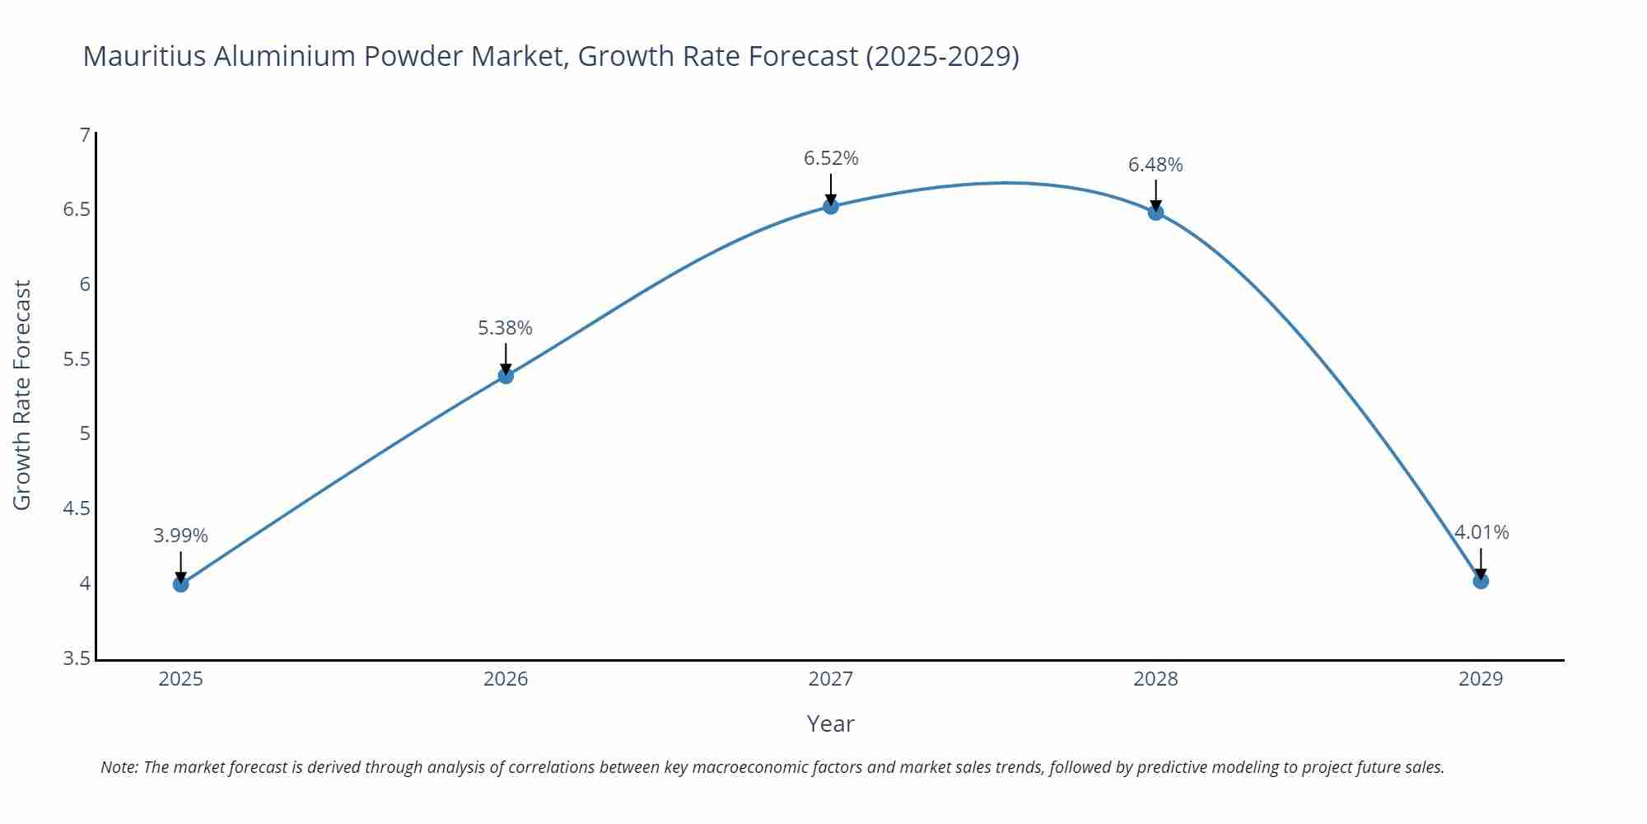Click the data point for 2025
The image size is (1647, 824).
[181, 584]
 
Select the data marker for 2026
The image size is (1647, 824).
[506, 376]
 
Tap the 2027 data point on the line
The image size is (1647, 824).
[831, 206]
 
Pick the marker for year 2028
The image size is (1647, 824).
[1155, 212]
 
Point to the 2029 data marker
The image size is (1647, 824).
[1481, 581]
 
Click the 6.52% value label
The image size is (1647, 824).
[831, 158]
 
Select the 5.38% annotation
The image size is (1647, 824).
[505, 328]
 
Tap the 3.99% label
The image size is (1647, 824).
[180, 536]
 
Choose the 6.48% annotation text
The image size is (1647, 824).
[1155, 165]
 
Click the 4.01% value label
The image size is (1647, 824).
[1481, 532]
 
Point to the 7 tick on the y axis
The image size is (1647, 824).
[84, 134]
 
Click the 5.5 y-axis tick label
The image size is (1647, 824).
[77, 359]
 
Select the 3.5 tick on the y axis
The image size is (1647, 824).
[77, 658]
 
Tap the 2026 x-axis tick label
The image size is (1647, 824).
[506, 679]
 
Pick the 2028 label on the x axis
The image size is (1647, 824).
[1155, 679]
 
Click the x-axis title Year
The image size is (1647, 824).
[830, 723]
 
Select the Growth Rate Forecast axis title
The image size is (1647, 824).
[22, 395]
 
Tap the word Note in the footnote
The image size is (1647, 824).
[119, 767]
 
